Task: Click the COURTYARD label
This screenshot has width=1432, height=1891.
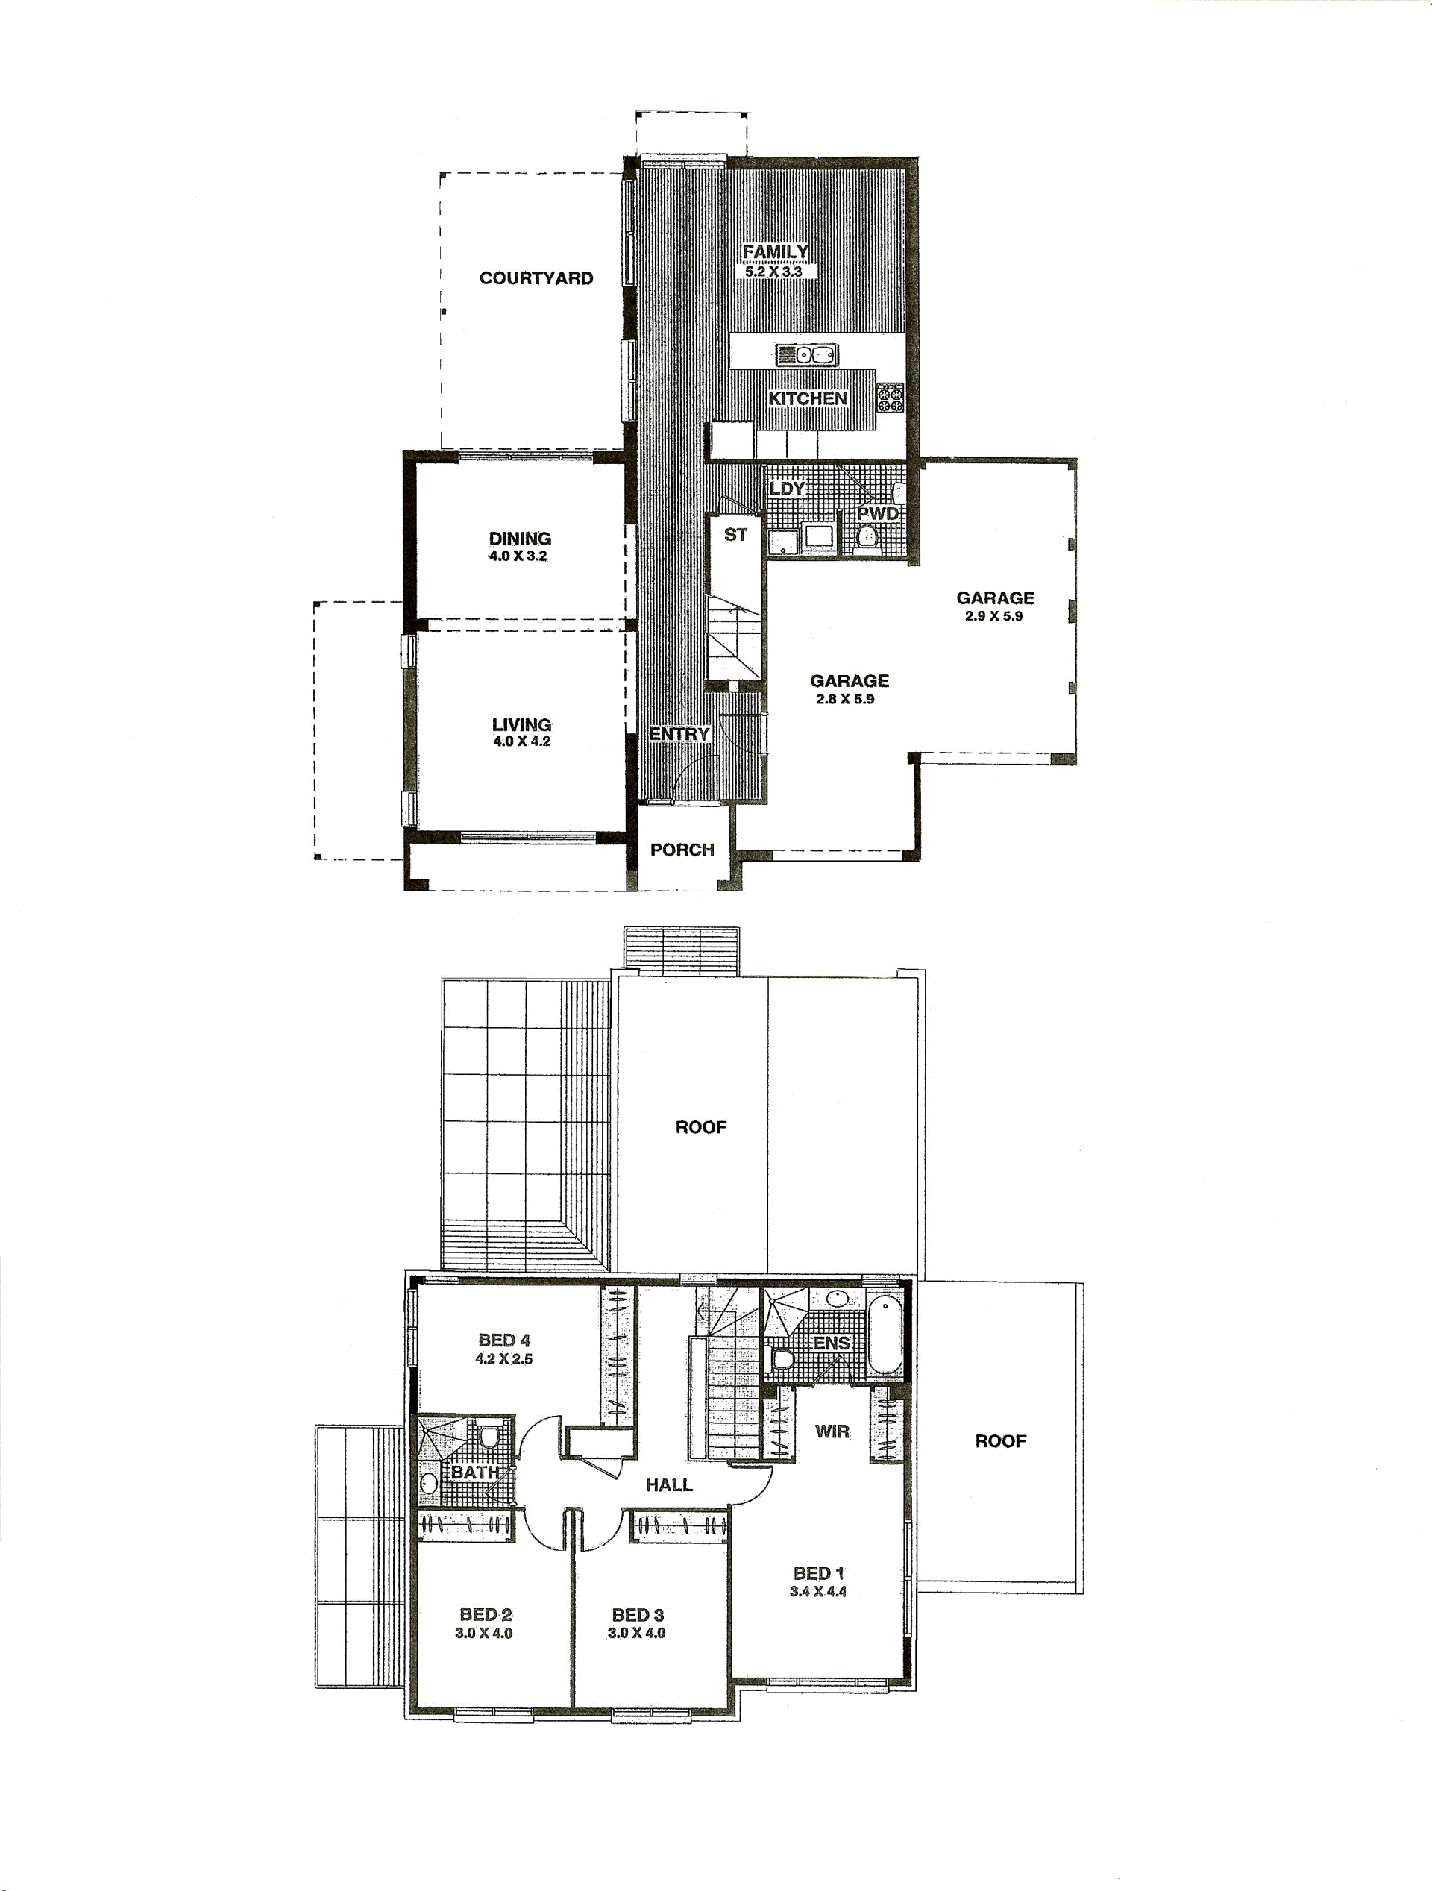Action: (536, 277)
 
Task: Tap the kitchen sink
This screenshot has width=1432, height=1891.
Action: (807, 354)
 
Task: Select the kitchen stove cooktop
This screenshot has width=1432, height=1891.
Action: (890, 398)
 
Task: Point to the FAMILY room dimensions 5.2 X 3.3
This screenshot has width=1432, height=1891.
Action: (773, 272)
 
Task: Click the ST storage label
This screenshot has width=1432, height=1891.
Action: (735, 534)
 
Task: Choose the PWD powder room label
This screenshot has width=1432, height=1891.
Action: (878, 514)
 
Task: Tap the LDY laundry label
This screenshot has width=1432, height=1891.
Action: (787, 488)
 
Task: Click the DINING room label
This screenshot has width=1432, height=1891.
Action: (520, 539)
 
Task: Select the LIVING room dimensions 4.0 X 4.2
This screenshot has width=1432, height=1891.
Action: (521, 741)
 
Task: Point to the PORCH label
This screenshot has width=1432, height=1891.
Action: (682, 850)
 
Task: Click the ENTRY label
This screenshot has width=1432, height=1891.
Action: (679, 734)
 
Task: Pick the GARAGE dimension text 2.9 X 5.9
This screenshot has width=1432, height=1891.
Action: (994, 615)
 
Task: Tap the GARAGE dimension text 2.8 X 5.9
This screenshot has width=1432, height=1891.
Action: (845, 698)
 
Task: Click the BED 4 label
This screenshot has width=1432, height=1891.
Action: (504, 1340)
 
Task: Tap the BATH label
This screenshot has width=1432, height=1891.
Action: (474, 1472)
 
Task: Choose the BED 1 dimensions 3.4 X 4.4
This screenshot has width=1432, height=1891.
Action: (818, 1591)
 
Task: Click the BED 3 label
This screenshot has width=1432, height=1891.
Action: (638, 1615)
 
